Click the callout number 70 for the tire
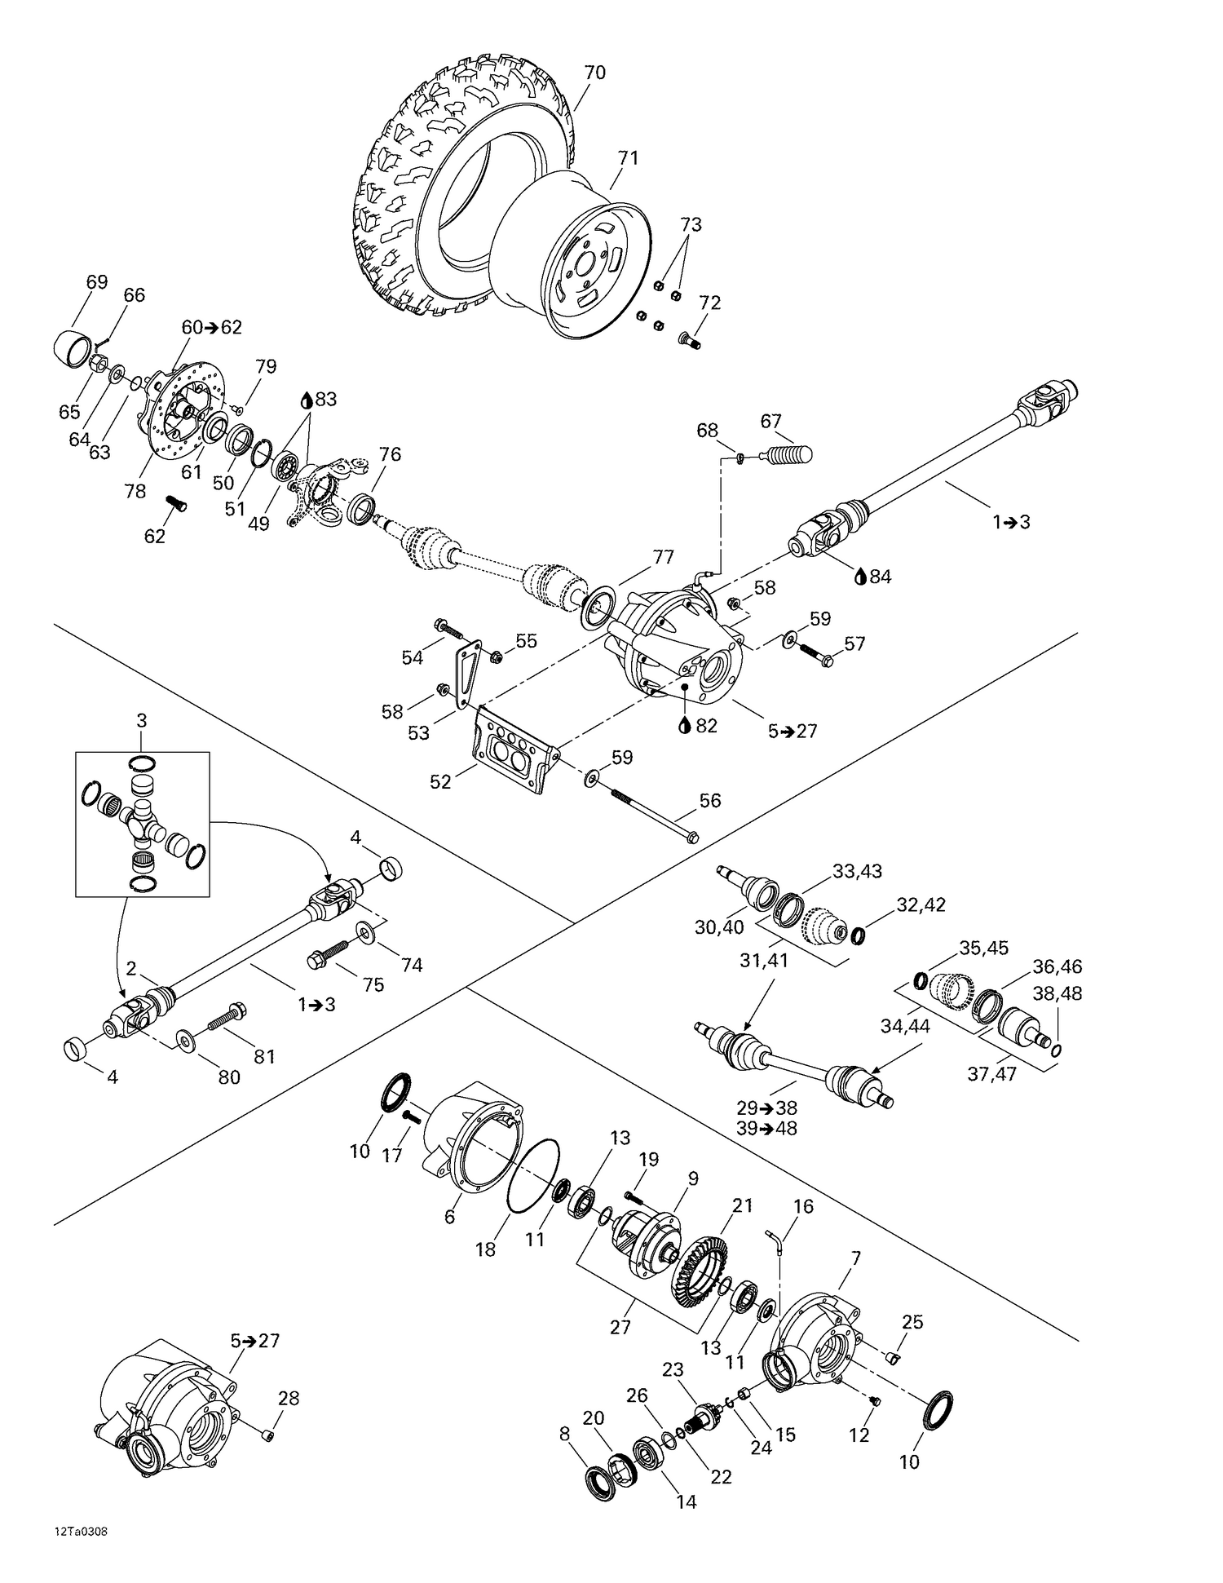tap(595, 73)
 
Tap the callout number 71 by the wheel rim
tap(628, 157)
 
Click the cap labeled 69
tap(74, 348)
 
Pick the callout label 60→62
tap(211, 327)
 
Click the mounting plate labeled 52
tap(514, 750)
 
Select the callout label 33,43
tap(857, 870)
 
